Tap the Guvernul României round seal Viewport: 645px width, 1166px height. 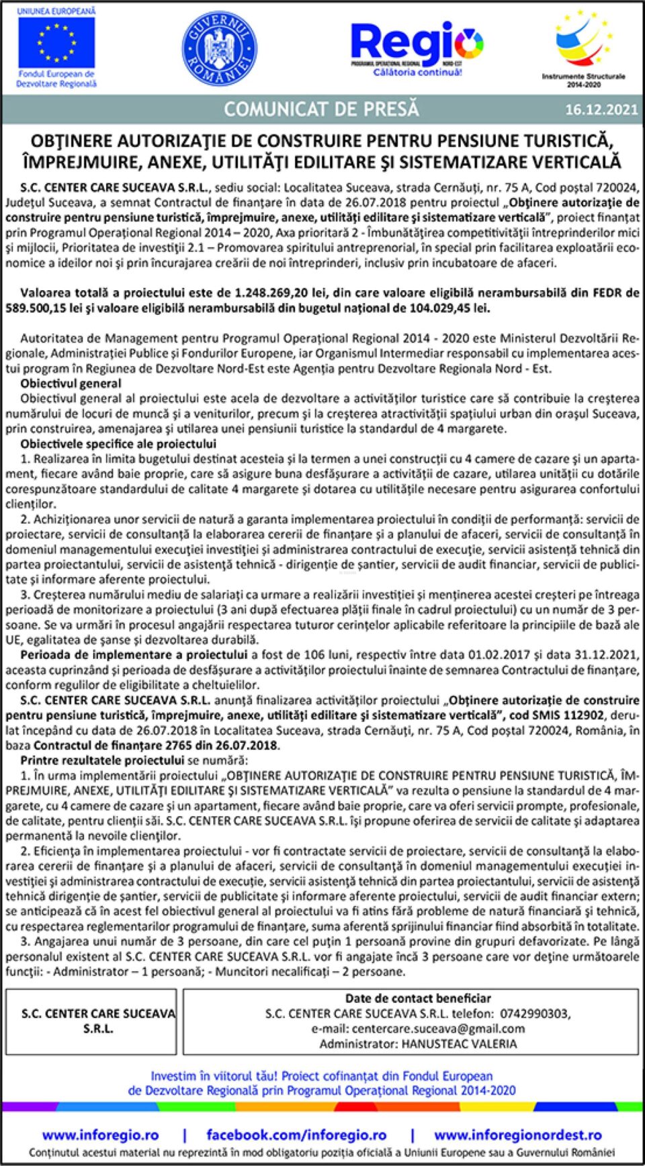219,49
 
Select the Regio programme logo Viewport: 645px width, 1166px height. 417,47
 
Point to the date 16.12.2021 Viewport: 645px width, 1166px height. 601,109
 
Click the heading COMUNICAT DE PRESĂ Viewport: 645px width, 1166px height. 321,109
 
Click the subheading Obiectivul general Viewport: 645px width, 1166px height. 71,384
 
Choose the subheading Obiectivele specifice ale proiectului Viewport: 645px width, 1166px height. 118,444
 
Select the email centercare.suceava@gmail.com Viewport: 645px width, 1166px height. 437,1028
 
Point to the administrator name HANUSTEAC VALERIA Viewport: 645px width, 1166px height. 459,1044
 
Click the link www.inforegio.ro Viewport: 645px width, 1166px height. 100,1134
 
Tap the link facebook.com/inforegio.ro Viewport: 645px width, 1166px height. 296,1134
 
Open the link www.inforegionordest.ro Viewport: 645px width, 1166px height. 517,1134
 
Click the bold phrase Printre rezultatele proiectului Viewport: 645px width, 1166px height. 101,760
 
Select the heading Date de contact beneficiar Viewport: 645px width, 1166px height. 418,999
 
